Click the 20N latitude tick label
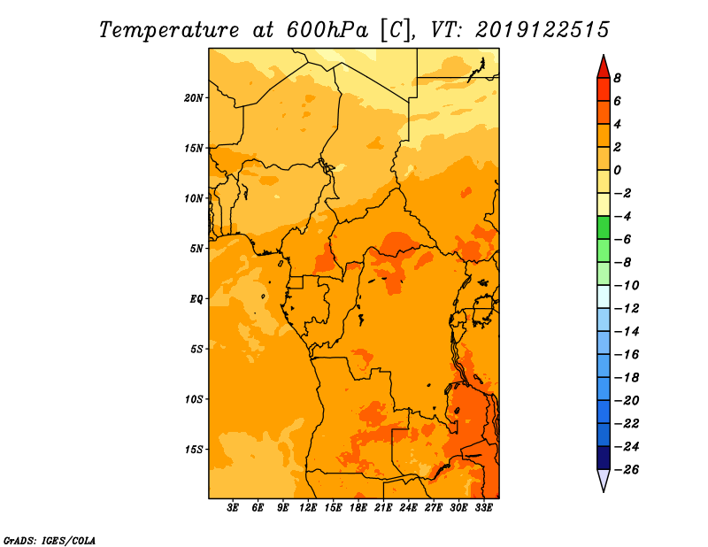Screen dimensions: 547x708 (194, 97)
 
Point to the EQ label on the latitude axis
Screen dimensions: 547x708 (196, 299)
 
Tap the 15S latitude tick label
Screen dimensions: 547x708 (194, 450)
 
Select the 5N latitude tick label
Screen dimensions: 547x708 (196, 249)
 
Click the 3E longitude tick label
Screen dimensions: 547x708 (234, 509)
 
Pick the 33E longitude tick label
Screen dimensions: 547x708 (484, 509)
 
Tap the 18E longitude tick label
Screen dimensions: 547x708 (358, 509)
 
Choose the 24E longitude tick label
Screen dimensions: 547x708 (409, 509)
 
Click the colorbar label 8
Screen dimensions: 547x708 (618, 78)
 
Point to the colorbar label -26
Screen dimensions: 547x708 (625, 469)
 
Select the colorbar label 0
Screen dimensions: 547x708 (618, 170)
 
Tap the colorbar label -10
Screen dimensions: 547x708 (625, 285)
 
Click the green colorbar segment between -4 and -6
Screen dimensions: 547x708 (603, 227)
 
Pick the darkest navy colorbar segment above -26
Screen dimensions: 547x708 (603, 458)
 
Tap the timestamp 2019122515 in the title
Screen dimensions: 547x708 (542, 29)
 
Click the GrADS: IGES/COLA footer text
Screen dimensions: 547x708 (50, 539)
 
